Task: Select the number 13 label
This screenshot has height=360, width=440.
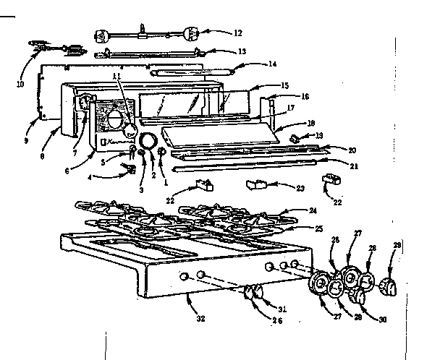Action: click(242, 51)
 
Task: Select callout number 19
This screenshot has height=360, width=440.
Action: click(321, 135)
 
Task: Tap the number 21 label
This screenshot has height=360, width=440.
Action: click(334, 166)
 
